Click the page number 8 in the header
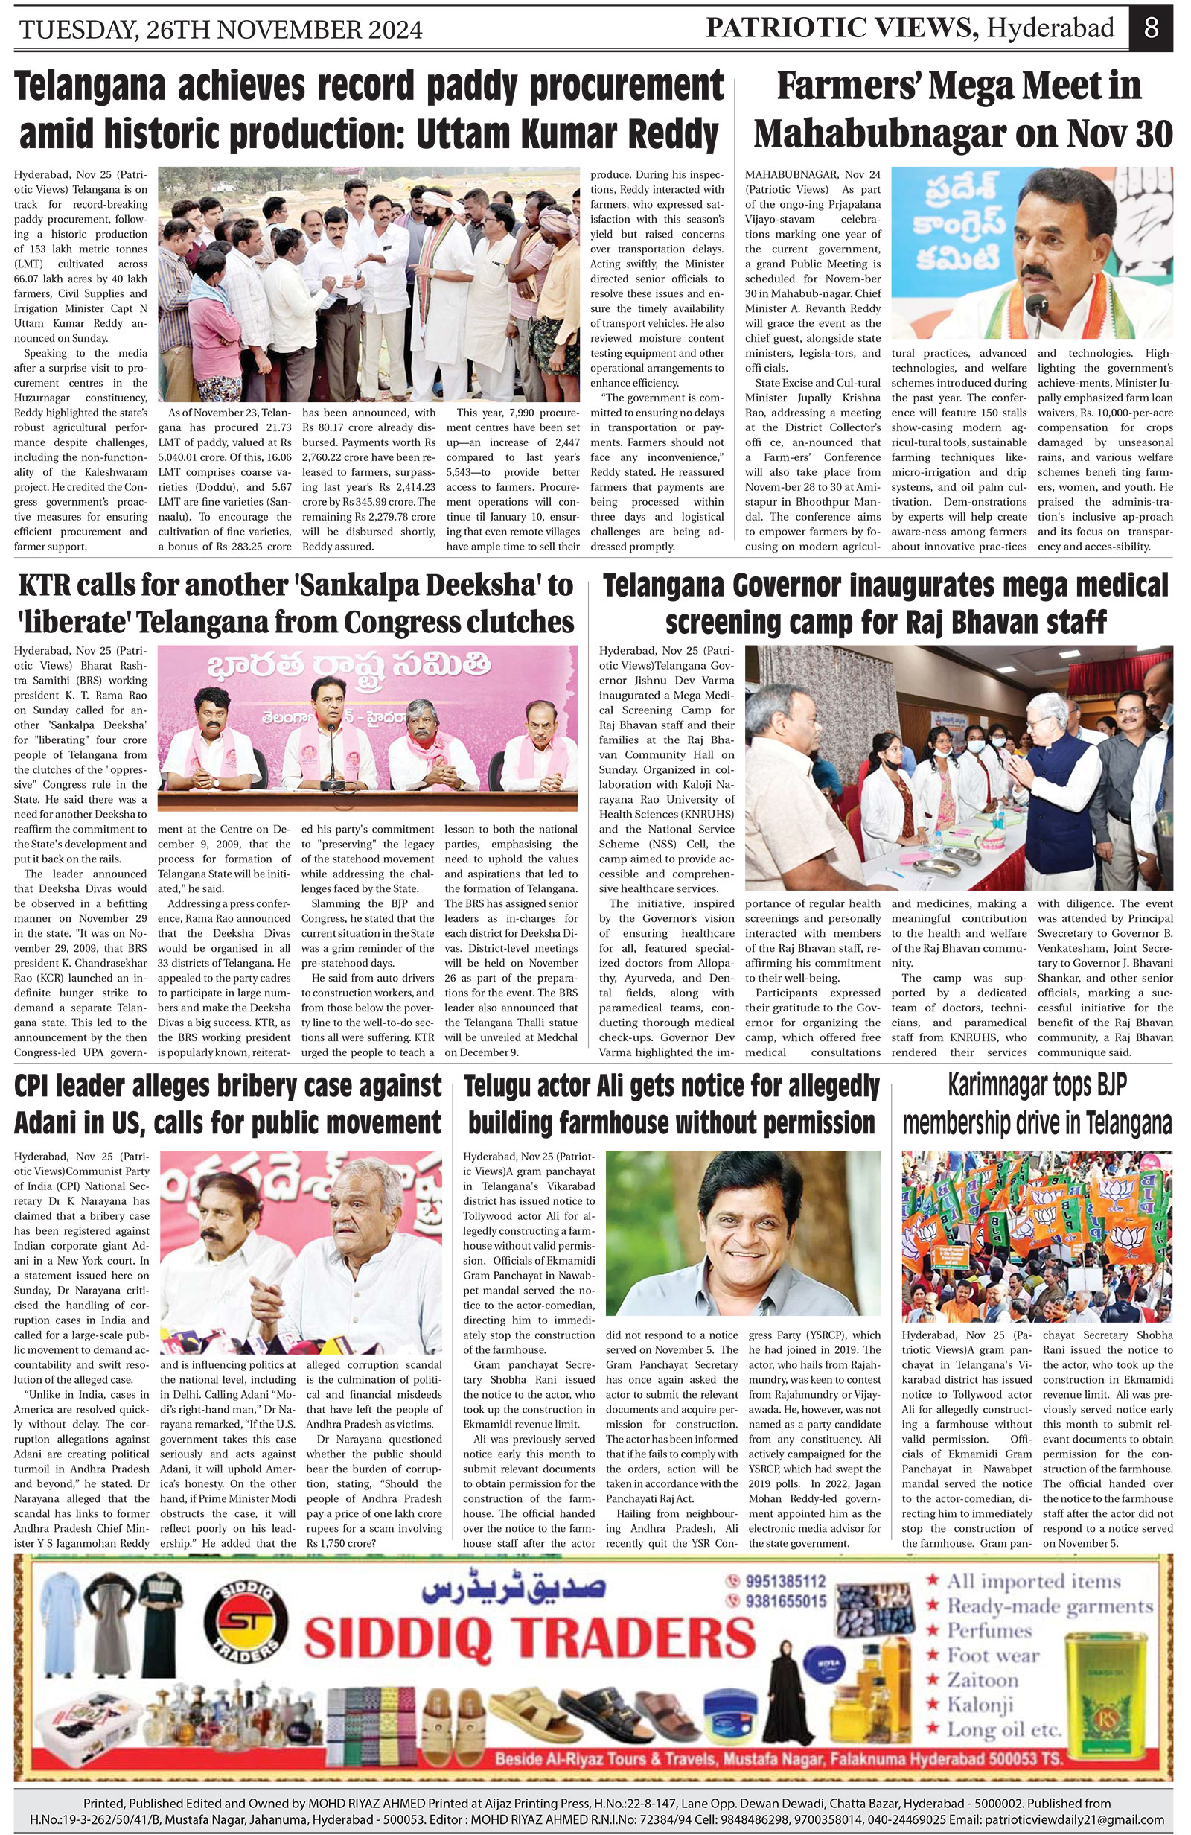(x=1151, y=28)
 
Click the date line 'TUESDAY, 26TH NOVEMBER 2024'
(x=220, y=30)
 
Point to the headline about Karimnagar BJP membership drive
(x=1037, y=1105)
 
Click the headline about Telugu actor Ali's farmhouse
(x=671, y=1105)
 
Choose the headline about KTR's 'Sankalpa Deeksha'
(x=296, y=603)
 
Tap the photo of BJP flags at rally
(x=1037, y=1236)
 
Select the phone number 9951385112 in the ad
(x=785, y=1580)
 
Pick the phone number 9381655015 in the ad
(x=785, y=1600)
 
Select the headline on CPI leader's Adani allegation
(x=228, y=1105)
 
